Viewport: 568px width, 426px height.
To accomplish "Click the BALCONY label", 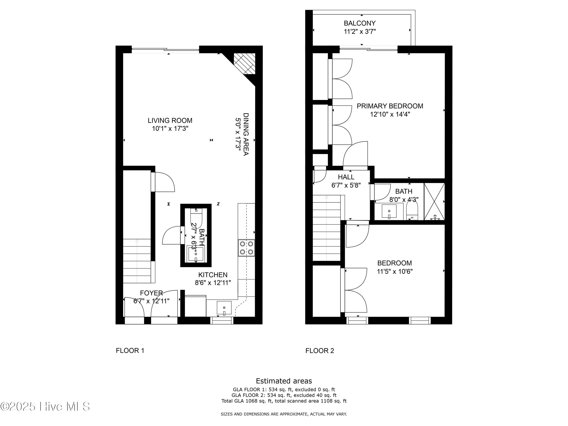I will click(x=360, y=23).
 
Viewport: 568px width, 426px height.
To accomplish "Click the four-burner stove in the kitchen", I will click(x=246, y=248).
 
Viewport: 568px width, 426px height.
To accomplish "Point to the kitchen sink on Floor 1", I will click(x=224, y=308).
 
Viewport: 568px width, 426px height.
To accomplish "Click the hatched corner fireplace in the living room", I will click(x=244, y=64).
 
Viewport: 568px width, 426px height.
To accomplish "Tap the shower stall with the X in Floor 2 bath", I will click(x=434, y=202).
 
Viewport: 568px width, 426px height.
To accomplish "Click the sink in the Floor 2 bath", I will click(x=389, y=211).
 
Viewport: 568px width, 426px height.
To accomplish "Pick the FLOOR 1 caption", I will click(x=130, y=350).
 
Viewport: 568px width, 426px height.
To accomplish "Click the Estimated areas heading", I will click(x=284, y=381).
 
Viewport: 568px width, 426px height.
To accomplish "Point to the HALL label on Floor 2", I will click(x=346, y=177).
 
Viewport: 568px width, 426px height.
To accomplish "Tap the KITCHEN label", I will click(x=213, y=275).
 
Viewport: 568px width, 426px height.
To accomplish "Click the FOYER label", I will click(x=151, y=293).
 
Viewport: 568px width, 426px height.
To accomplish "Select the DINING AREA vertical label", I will click(x=246, y=134).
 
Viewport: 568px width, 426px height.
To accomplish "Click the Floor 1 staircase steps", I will click(x=137, y=261).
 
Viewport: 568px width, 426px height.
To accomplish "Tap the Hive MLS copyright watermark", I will click(x=45, y=406).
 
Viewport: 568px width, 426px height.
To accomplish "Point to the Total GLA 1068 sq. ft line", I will click(x=284, y=401).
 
